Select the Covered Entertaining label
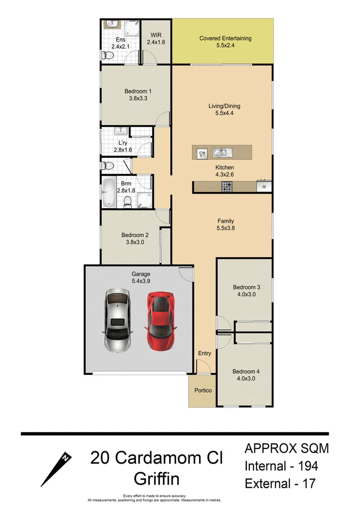tap(225, 38)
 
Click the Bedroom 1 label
tap(138, 91)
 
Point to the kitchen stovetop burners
tap(226, 187)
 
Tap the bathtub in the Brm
tap(109, 193)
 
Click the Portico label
tap(203, 391)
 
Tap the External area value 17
tap(309, 483)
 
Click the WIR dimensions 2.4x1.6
tap(155, 42)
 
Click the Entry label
tap(204, 353)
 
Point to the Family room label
tap(225, 221)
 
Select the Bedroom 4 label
tap(246, 371)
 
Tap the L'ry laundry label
tap(122, 143)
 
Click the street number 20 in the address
tap(101, 458)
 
